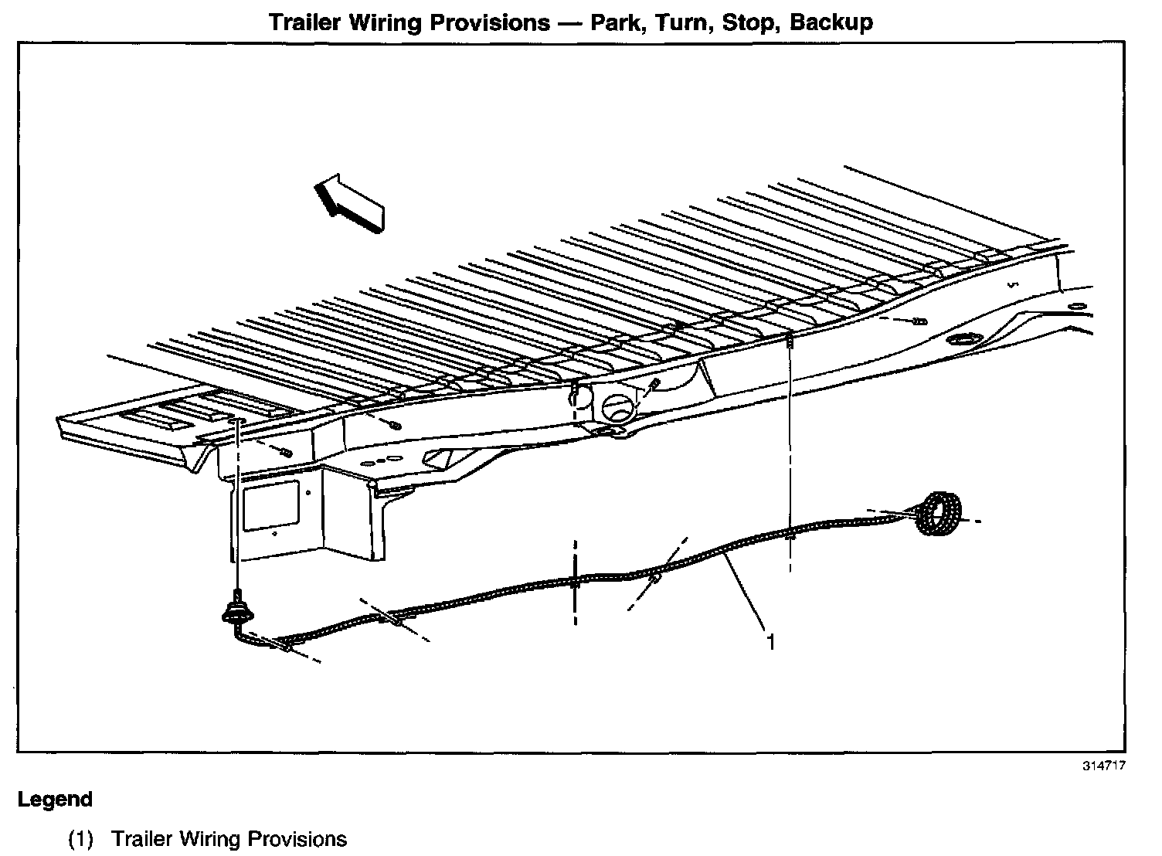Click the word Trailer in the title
[305, 22]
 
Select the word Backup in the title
[831, 22]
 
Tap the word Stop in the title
[748, 22]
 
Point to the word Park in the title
[616, 22]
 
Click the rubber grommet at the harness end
[237, 610]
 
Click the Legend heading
[55, 800]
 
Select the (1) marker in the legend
[81, 839]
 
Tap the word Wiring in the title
[390, 22]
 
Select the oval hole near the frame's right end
[963, 340]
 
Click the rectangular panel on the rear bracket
[270, 507]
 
